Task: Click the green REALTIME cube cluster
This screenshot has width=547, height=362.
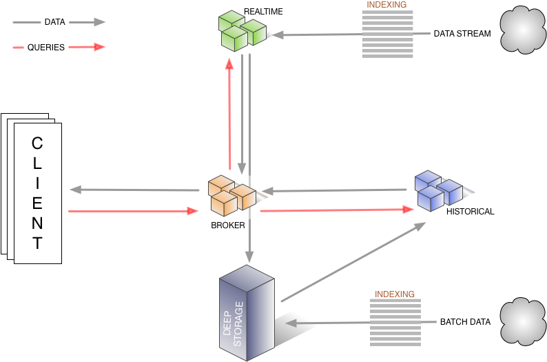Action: click(x=242, y=31)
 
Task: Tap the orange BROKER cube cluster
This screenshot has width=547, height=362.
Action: click(x=232, y=196)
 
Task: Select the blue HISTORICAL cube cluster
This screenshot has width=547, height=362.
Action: click(x=439, y=191)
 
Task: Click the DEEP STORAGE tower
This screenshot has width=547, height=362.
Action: click(x=247, y=313)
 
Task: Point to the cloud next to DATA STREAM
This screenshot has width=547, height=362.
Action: click(x=523, y=30)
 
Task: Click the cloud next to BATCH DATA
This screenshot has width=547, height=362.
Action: click(x=523, y=321)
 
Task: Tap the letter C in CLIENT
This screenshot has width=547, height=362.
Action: click(x=37, y=143)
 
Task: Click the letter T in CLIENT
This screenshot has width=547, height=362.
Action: click(x=37, y=243)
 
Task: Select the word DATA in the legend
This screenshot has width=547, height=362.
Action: click(x=55, y=22)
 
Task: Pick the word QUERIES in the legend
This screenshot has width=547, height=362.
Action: click(x=46, y=48)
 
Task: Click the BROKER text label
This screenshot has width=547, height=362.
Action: click(x=228, y=225)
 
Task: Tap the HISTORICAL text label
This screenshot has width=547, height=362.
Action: click(x=471, y=212)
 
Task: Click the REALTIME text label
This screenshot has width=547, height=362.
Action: click(x=263, y=12)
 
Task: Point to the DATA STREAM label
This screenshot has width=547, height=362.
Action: click(x=462, y=34)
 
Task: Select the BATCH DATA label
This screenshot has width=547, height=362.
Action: click(x=466, y=322)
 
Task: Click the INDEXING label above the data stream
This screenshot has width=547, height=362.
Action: click(x=386, y=5)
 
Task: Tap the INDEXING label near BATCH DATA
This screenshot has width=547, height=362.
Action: click(x=395, y=294)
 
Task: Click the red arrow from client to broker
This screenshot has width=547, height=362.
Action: click(x=133, y=211)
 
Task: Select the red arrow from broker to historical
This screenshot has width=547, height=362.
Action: click(x=337, y=210)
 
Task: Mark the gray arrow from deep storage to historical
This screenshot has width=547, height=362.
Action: click(x=353, y=262)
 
